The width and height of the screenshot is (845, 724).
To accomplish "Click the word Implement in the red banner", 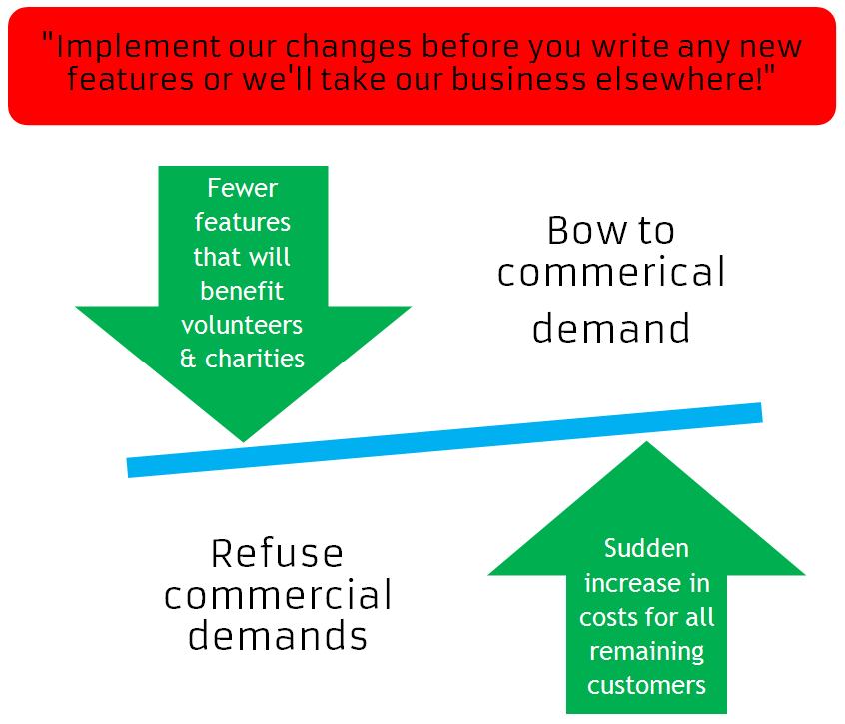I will coord(117,47).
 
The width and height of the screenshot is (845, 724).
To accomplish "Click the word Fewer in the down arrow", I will coord(242,188).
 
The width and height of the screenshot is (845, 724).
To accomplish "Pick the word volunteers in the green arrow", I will coord(242,325).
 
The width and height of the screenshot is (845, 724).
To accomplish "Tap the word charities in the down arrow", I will coord(255,359).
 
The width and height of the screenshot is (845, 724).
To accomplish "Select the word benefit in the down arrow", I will coord(242,291).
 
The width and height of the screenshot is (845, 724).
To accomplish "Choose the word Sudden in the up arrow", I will coord(646,549).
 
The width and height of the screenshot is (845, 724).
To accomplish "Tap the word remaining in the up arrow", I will coord(646,652).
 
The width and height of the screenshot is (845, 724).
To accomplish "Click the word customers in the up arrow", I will coord(646,686).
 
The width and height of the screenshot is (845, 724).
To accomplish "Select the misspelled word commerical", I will coord(611,273).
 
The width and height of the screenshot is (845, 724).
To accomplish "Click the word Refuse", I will coord(277,553).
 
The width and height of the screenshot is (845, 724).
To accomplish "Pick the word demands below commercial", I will coord(277,635).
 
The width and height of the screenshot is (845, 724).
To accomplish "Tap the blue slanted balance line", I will coord(444,440).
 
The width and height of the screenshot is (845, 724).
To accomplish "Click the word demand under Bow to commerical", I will coord(610,327).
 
